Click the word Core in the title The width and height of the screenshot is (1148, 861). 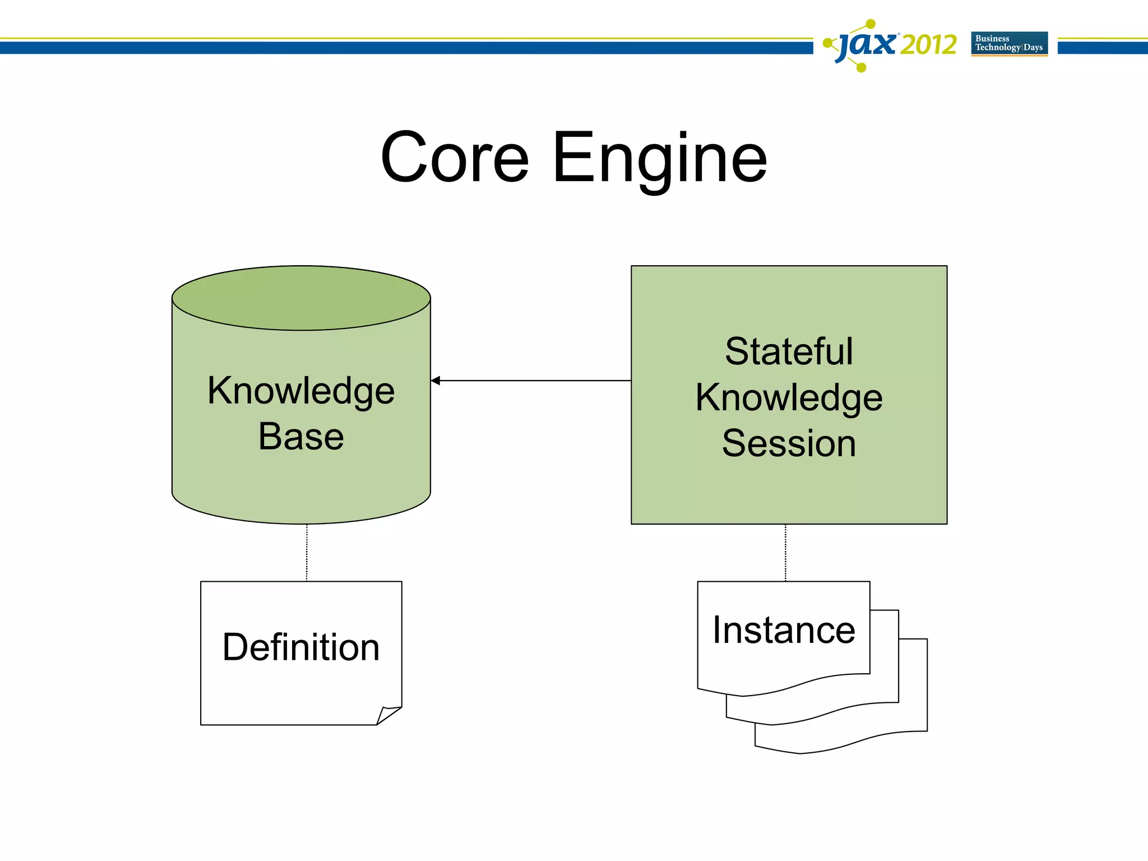[455, 158]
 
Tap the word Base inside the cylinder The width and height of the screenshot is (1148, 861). [301, 437]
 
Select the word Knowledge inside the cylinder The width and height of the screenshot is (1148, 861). [301, 391]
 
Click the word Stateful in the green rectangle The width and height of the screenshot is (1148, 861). [789, 352]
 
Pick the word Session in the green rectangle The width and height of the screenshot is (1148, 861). [789, 443]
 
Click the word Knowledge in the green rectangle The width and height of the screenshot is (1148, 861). [789, 398]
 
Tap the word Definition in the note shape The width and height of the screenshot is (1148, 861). [301, 647]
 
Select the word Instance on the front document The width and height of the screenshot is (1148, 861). [784, 630]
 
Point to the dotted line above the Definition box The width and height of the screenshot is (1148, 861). [307, 553]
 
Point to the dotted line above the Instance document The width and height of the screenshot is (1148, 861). [785, 553]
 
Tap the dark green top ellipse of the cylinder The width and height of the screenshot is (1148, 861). [301, 298]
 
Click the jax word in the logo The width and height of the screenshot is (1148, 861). [867, 45]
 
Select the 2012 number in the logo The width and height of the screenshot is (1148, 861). [928, 45]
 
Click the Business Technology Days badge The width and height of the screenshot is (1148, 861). [1009, 43]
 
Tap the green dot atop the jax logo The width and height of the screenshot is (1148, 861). [871, 24]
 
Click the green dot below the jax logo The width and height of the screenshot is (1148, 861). [862, 68]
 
